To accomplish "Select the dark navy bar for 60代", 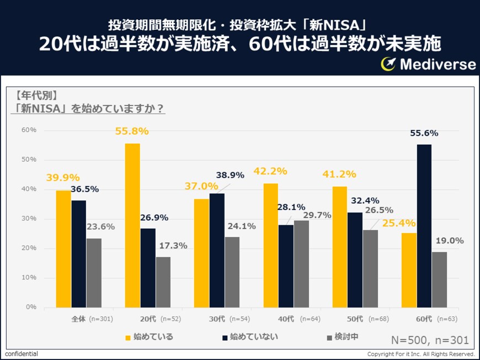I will (x=424, y=226).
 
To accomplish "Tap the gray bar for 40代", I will (x=301, y=264).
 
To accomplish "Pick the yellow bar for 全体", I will (x=63, y=249).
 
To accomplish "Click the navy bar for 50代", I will (x=355, y=260).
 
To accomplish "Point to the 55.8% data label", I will (x=132, y=131).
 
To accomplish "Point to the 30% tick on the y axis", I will (x=29, y=219).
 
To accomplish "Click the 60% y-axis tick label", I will (x=29, y=130).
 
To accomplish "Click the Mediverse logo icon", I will (x=388, y=64).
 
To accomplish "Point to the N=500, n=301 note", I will (x=430, y=340).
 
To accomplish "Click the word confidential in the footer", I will (x=22, y=354).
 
